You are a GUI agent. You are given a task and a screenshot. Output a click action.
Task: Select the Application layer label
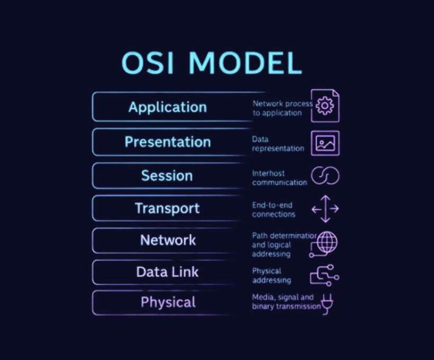coord(167,107)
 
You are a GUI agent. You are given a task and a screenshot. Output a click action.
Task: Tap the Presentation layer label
coord(167,142)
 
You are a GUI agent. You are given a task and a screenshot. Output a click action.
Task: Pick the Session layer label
coord(167,176)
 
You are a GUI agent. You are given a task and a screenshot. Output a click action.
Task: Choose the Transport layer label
coord(167,208)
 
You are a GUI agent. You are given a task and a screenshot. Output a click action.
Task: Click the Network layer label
coord(168,240)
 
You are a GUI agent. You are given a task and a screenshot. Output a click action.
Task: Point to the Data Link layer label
coord(167,272)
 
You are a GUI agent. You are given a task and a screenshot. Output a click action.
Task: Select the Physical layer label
coord(168,302)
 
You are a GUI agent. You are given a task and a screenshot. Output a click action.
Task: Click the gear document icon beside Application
coord(325,106)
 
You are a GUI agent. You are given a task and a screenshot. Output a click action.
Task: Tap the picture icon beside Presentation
coord(325,142)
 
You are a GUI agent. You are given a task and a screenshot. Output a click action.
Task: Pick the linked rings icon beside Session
coord(325,176)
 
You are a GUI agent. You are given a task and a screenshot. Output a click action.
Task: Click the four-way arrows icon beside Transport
coord(325,209)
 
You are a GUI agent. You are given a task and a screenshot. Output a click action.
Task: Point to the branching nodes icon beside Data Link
coord(324,275)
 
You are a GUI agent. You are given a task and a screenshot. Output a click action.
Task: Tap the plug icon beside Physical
coord(327,303)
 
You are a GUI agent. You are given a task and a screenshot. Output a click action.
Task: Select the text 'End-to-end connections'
coord(274,210)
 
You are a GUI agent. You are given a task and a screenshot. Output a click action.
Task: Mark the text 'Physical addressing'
coord(272,276)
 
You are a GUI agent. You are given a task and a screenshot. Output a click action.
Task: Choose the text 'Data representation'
coord(277,144)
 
